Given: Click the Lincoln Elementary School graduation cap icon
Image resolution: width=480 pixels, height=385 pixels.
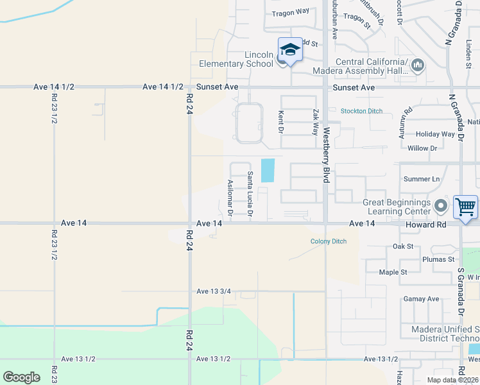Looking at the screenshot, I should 290,50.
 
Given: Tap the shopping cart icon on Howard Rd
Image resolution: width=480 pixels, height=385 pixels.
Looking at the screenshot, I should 465,207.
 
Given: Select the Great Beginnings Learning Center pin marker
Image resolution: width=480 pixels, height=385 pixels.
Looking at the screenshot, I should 440,207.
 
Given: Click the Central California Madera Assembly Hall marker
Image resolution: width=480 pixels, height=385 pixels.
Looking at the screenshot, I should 418,65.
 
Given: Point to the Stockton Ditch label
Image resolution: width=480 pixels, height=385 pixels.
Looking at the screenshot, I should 361,111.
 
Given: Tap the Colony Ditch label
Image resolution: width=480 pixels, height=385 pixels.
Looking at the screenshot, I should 329,241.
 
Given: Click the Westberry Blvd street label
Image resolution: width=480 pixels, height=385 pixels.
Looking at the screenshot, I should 326,155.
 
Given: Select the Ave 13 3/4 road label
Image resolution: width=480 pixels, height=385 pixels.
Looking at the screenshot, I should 214,291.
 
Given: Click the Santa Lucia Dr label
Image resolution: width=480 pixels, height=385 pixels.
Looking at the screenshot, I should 250,193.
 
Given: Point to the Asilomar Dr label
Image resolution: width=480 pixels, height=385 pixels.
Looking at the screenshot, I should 230,197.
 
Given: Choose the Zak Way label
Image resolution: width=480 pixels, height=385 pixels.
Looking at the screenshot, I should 315,121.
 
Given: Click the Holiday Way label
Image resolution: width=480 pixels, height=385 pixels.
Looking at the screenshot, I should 435,134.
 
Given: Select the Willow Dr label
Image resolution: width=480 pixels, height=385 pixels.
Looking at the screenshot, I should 422,148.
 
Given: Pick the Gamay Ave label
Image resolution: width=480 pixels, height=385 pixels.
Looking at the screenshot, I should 421,299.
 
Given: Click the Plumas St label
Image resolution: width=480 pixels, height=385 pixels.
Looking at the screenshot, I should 438,259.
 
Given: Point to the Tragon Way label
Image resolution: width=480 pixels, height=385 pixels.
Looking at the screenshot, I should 290,12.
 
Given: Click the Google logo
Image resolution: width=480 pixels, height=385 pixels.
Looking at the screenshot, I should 21,377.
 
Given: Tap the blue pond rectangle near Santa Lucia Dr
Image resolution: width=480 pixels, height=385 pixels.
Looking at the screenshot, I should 268,170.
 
